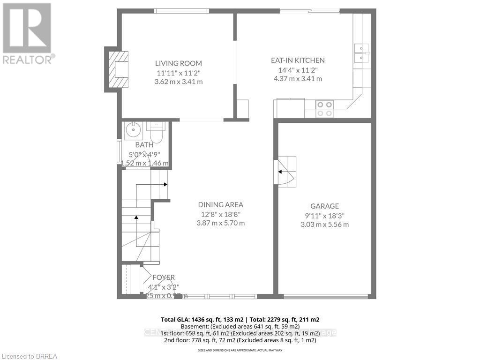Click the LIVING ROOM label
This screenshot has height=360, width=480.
click(x=179, y=63)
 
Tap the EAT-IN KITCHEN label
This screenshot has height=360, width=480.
click(x=298, y=60)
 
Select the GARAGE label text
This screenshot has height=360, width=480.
click(x=324, y=206)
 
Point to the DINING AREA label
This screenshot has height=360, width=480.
click(x=220, y=205)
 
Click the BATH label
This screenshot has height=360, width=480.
click(x=144, y=145)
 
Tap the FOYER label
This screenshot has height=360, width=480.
click(x=164, y=277)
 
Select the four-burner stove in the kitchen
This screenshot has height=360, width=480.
click(x=324, y=109)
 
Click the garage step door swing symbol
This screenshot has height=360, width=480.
click(x=285, y=172)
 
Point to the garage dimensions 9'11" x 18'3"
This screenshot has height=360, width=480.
click(x=324, y=216)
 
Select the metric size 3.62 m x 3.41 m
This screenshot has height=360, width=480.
click(x=179, y=82)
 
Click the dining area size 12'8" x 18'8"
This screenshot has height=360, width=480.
click(x=220, y=214)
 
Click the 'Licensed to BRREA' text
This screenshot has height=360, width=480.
click(x=29, y=356)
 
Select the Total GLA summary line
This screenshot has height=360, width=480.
click(x=240, y=319)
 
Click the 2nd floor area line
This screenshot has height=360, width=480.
click(x=240, y=340)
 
